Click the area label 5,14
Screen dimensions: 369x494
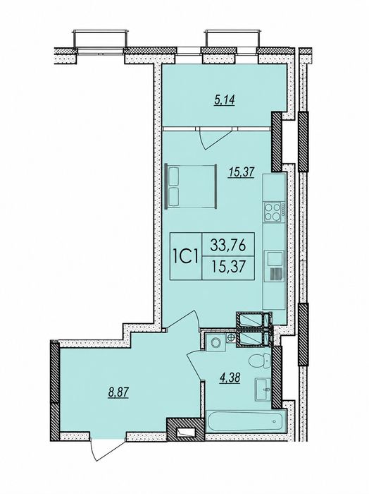pyautogui.click(x=225, y=101)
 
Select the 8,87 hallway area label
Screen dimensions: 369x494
pyautogui.click(x=118, y=393)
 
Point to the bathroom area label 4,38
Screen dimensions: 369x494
pyautogui.click(x=230, y=377)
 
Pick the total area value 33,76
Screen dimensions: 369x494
pyautogui.click(x=228, y=245)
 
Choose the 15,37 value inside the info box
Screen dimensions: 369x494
pyautogui.click(x=228, y=267)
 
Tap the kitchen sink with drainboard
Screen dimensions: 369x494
pyautogui.click(x=274, y=266)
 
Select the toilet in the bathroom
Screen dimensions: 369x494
pyautogui.click(x=260, y=361)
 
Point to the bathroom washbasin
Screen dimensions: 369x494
pyautogui.click(x=263, y=390)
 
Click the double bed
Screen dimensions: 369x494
pyautogui.click(x=191, y=186)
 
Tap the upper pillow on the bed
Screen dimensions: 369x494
pyautogui.click(x=173, y=176)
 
